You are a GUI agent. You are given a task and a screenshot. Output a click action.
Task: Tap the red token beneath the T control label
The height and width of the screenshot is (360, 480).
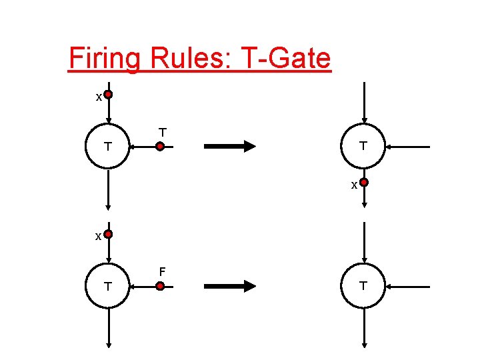(x=160, y=146)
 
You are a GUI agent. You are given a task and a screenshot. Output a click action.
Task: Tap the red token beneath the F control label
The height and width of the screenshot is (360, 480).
(x=160, y=286)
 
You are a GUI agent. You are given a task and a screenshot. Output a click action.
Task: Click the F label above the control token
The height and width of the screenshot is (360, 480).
(x=161, y=271)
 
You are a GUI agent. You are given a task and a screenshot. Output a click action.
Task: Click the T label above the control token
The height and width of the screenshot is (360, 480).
(x=162, y=132)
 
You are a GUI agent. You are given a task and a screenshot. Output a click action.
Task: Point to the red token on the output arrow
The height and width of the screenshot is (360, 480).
(x=364, y=182)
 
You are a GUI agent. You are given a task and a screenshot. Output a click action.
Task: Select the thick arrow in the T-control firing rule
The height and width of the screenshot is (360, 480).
(x=229, y=146)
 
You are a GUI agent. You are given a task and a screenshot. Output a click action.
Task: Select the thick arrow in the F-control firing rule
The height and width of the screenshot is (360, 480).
(x=229, y=286)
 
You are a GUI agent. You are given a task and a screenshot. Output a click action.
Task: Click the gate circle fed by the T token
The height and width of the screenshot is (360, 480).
(x=108, y=146)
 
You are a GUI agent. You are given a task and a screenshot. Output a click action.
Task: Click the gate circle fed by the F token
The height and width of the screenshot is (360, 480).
(x=108, y=286)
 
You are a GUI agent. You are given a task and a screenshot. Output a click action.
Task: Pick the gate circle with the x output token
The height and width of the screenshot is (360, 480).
(x=363, y=145)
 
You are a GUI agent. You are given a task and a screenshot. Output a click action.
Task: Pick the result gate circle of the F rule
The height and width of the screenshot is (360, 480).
(x=363, y=285)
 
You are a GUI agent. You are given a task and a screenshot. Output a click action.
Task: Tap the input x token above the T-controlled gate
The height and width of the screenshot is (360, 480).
(x=108, y=95)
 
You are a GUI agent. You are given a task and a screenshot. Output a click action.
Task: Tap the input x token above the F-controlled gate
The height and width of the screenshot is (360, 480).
(x=108, y=235)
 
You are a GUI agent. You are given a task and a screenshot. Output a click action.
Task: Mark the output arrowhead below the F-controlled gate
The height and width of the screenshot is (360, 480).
(x=108, y=343)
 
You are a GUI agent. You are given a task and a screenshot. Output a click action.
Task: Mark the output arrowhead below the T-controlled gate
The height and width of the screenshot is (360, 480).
(x=108, y=205)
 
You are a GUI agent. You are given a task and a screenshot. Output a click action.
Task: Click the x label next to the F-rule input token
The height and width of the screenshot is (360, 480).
(x=98, y=237)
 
